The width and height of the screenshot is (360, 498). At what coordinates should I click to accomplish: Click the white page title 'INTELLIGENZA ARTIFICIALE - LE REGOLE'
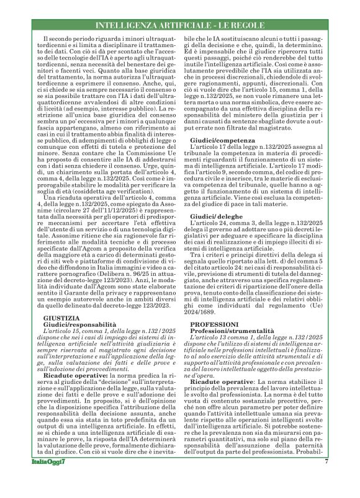[180, 25]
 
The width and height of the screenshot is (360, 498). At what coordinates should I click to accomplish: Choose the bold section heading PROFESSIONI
[214, 324]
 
